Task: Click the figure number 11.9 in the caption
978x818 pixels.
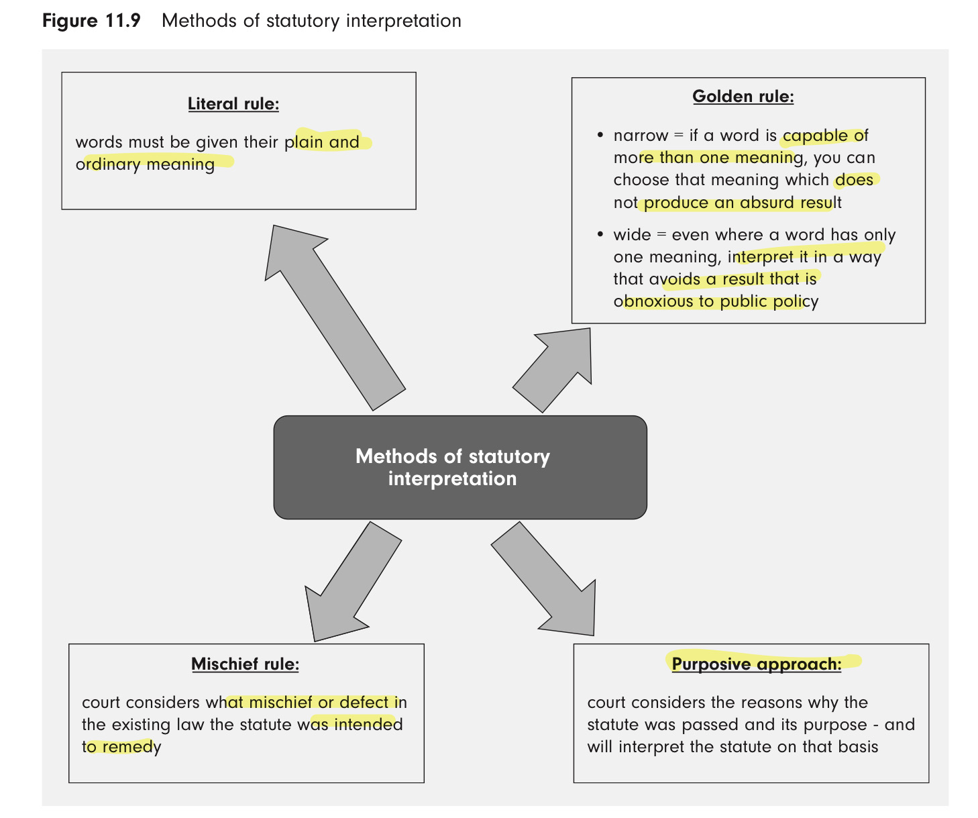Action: (123, 21)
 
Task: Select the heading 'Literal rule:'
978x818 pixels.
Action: (233, 104)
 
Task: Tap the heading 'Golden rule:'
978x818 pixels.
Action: (743, 97)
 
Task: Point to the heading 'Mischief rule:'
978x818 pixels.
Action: (245, 664)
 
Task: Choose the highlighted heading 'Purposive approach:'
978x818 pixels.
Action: (757, 664)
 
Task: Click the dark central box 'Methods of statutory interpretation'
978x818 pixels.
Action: (460, 467)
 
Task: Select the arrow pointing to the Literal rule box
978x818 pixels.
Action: (335, 317)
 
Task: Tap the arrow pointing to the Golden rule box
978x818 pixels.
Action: (553, 370)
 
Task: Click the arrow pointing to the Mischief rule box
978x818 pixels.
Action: (352, 581)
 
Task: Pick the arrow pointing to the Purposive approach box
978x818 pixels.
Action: (544, 579)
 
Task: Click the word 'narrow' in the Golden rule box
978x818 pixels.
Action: (641, 136)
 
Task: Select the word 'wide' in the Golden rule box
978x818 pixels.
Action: (632, 235)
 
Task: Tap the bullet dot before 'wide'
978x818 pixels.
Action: (600, 234)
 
